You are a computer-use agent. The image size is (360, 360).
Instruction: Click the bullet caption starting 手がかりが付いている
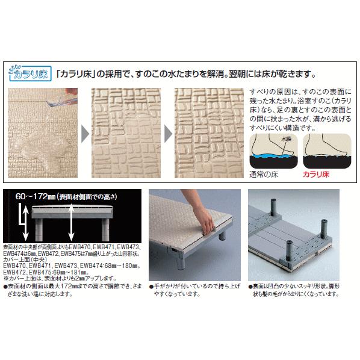[x=191, y=291]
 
